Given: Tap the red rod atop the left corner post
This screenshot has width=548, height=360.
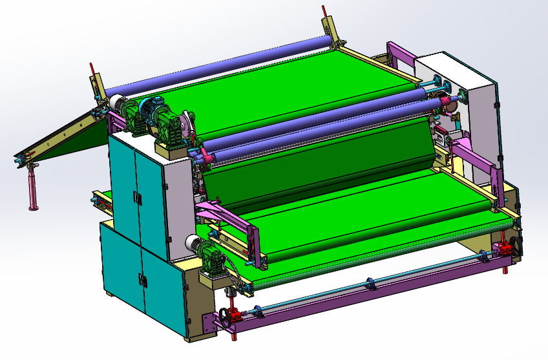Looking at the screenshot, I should [93, 69].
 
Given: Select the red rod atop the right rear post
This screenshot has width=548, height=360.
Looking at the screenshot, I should [324, 12].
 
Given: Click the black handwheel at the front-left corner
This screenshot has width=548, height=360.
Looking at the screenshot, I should [224, 317].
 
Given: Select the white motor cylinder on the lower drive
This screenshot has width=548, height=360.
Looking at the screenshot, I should [193, 244].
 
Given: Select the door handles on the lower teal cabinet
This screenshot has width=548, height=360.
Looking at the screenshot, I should [140, 279].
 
